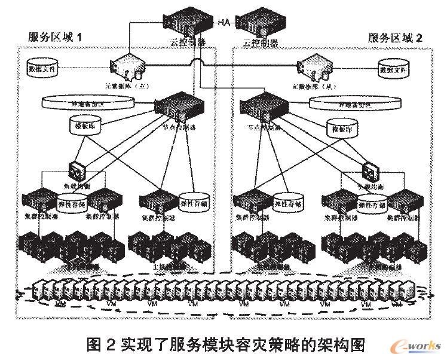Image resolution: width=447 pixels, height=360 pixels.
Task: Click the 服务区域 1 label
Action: click(x=54, y=37)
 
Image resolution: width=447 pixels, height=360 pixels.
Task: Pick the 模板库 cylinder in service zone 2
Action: click(x=341, y=127)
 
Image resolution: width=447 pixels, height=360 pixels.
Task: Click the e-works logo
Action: click(x=418, y=346)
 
